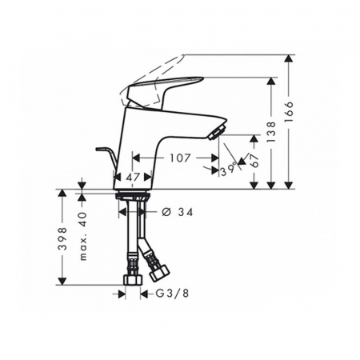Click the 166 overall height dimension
(289, 112)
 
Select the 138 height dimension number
(271, 132)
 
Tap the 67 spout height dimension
(255, 160)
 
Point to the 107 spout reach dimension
(180, 158)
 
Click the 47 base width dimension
(133, 177)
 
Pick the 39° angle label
(229, 168)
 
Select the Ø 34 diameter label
(178, 212)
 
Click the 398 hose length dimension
(62, 238)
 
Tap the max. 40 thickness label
(83, 236)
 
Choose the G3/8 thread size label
(172, 294)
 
